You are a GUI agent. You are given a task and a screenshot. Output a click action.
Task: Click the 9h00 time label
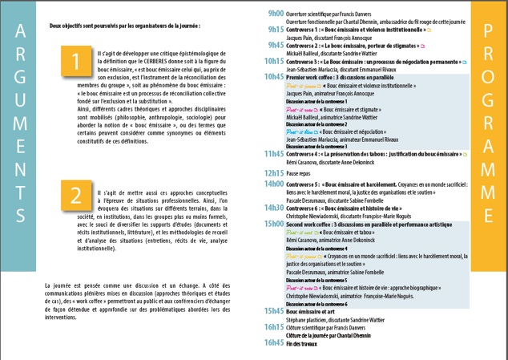[275, 14]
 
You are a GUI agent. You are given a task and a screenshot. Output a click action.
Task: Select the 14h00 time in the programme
[275, 184]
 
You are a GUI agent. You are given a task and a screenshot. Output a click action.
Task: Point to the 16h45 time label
[275, 343]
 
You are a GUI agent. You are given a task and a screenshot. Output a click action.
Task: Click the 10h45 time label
[275, 76]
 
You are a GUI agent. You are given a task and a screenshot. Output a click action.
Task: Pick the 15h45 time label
[275, 309]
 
